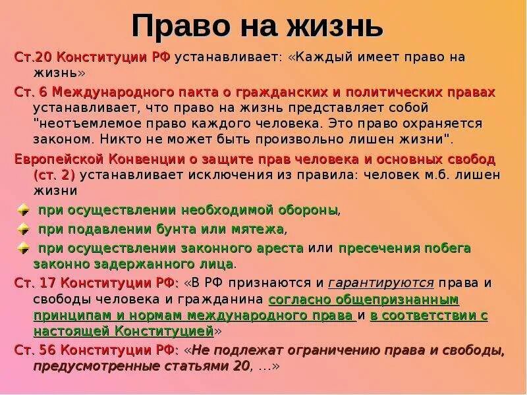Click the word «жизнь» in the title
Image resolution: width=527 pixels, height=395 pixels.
[332, 27]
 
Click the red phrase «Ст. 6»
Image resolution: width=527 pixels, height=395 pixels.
[31, 92]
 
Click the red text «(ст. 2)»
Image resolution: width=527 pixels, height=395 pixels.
[53, 175]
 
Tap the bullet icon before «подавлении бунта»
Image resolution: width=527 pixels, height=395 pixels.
[23, 230]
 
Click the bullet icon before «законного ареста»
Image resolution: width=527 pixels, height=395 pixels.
[23, 249]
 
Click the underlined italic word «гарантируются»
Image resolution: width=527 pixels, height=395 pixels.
[380, 283]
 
